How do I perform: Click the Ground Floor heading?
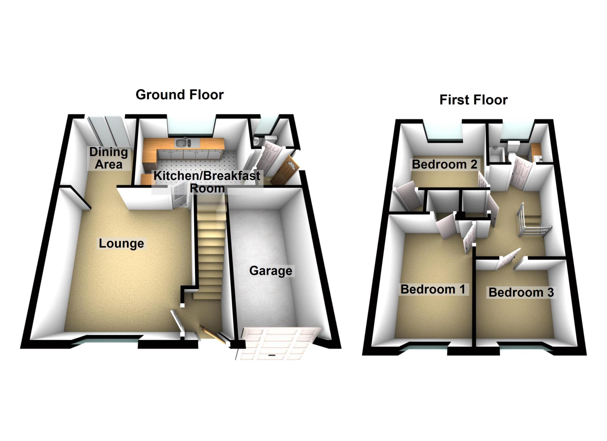180,95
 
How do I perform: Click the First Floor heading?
473,100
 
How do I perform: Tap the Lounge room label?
121,243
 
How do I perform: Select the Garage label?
271,271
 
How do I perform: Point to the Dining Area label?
108,158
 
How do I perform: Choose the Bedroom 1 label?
433,289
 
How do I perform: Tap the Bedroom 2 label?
444,164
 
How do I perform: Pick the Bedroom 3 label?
521,292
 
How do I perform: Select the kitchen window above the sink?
191,127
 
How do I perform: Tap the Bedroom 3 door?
510,258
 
